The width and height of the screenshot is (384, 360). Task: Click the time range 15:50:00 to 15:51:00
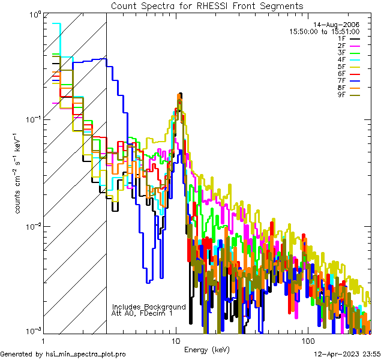(x=325, y=32)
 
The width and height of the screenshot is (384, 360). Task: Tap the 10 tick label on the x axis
(x=176, y=340)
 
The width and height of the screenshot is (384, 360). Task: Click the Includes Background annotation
(x=149, y=307)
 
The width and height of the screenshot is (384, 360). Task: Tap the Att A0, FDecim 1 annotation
(x=142, y=313)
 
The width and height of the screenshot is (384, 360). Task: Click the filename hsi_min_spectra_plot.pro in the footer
(x=86, y=354)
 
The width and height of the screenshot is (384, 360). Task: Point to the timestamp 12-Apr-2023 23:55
(x=348, y=354)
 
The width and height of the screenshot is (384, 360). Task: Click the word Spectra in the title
(x=166, y=6)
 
